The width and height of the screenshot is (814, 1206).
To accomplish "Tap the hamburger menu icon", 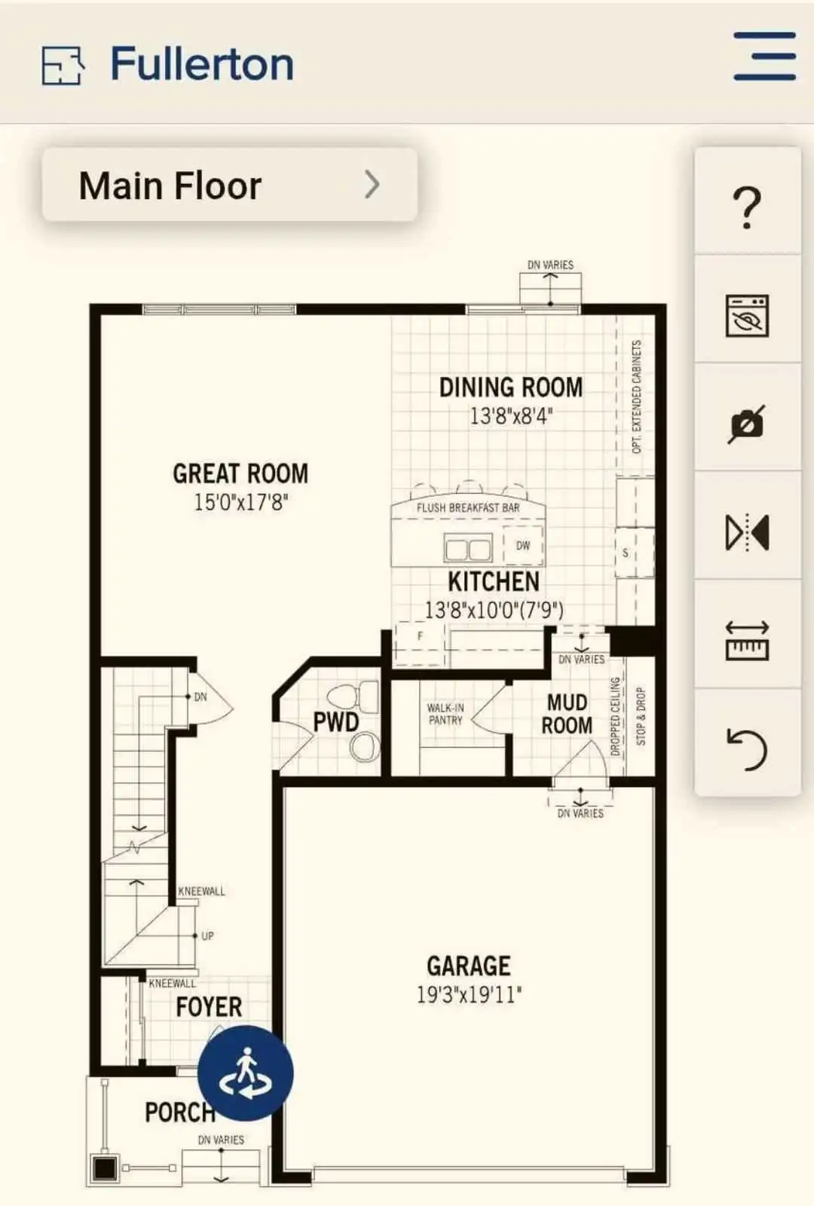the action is (x=764, y=56).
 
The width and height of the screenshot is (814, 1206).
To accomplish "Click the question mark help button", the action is (x=747, y=207).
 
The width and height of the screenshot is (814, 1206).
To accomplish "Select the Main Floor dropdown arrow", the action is (x=372, y=185).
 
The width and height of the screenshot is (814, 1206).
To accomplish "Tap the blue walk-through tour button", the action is (x=246, y=1073).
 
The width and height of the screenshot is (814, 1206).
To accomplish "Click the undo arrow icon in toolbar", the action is (x=747, y=749).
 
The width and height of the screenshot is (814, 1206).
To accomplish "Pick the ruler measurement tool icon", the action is (x=747, y=641).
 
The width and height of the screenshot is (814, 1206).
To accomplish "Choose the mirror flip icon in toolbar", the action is (x=747, y=532).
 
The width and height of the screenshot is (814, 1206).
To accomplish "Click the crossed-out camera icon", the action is (x=747, y=424).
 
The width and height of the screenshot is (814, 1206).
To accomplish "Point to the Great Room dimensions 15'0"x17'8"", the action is (x=240, y=502).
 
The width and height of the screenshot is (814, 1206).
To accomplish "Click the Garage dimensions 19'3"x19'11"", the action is (x=469, y=994).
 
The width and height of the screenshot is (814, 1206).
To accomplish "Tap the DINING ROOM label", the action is (x=511, y=387).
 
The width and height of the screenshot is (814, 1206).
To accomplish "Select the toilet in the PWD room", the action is (x=353, y=697).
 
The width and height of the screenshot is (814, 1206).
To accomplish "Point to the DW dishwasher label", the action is (x=523, y=546).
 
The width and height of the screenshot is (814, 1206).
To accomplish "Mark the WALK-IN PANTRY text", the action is (x=445, y=714).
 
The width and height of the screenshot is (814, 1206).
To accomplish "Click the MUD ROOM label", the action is (x=567, y=714).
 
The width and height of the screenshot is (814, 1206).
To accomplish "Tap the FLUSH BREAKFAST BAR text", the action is (x=468, y=507).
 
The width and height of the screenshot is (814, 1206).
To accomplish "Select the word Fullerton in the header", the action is (x=203, y=64).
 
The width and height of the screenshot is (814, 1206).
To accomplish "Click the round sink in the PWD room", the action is (x=365, y=747).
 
